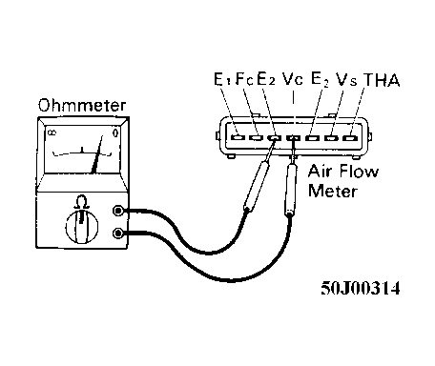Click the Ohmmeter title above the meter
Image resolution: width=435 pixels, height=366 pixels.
click(77, 105)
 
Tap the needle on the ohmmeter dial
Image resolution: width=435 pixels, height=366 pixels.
click(95, 157)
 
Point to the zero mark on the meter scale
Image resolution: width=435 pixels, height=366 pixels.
click(114, 134)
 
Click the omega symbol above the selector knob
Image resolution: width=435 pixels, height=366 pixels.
click(82, 200)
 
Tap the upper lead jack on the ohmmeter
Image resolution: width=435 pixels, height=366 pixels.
click(119, 212)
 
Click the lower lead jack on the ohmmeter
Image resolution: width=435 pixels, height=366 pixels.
click(119, 234)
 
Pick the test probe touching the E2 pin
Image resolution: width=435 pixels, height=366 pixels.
click(257, 186)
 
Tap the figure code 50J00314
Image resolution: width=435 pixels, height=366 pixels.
click(361, 286)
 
